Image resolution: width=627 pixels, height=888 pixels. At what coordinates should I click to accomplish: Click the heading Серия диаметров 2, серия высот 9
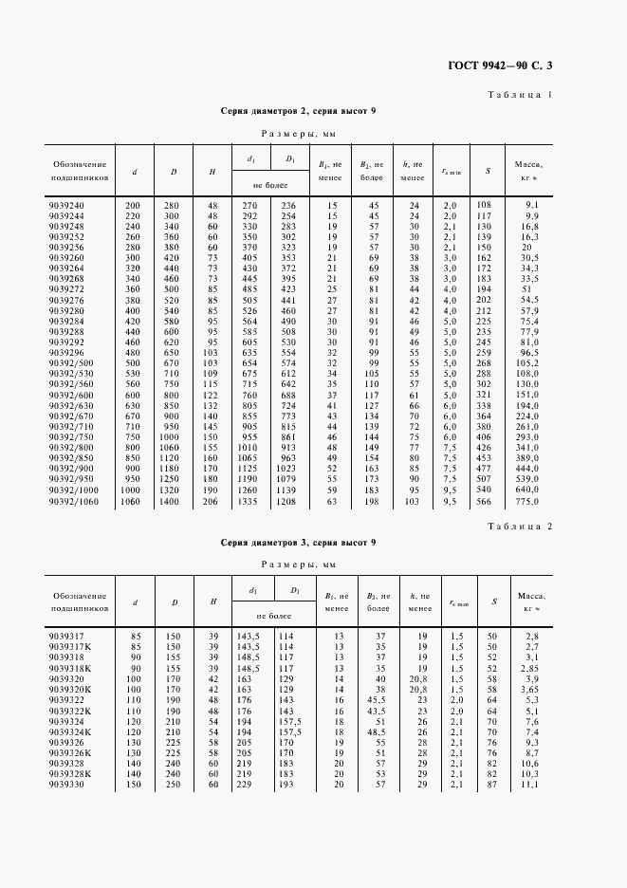coord(298,112)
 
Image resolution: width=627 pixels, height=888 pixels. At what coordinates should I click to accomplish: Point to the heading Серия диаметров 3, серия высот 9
coord(298,542)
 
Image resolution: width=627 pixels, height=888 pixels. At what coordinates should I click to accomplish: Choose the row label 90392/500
coord(71,363)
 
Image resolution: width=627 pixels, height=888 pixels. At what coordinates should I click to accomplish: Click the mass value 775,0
coord(526,501)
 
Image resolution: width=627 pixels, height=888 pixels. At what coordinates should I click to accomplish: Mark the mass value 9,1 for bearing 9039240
coord(532,206)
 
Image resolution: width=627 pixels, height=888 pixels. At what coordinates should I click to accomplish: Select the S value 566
coord(484,501)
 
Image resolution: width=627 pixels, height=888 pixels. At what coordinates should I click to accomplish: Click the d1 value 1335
coord(248,501)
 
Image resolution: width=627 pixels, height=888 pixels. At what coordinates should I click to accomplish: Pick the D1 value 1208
coord(286,501)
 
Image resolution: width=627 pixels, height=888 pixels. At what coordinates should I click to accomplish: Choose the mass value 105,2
coord(526,363)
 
